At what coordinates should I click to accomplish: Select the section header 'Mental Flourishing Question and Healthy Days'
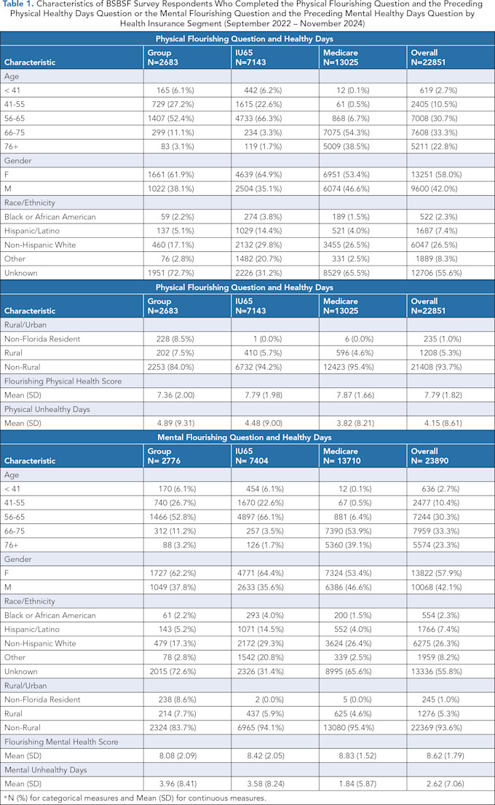pyautogui.click(x=247, y=437)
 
